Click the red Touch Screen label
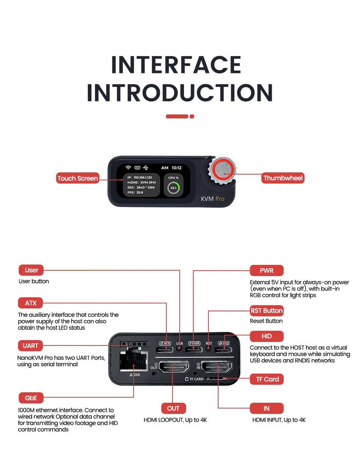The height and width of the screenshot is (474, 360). tap(77, 178)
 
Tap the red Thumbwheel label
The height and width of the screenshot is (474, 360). tap(283, 178)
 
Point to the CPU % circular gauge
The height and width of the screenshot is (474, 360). tap(173, 188)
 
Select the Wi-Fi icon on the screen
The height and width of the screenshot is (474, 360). tap(128, 168)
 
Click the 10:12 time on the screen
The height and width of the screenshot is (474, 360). tap(176, 168)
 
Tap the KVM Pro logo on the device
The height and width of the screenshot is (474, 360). tap(212, 199)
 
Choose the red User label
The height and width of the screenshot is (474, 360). tap(31, 270)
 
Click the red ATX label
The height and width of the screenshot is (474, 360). tap(31, 303)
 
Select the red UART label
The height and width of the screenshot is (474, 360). tap(30, 346)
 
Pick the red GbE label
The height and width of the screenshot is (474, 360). tap(31, 398)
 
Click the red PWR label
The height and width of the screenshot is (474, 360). tap(267, 270)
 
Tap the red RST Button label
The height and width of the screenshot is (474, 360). tap(267, 310)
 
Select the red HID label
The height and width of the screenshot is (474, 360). tap(267, 336)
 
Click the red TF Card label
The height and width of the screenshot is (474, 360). tap(267, 379)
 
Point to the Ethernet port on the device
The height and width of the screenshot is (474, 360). tap(134, 359)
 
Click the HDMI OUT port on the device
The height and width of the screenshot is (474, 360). tap(174, 367)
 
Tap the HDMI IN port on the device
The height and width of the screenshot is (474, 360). tap(217, 367)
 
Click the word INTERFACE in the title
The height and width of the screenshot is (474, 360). tap(176, 65)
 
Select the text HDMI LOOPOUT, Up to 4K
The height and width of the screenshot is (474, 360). tap(175, 420)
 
